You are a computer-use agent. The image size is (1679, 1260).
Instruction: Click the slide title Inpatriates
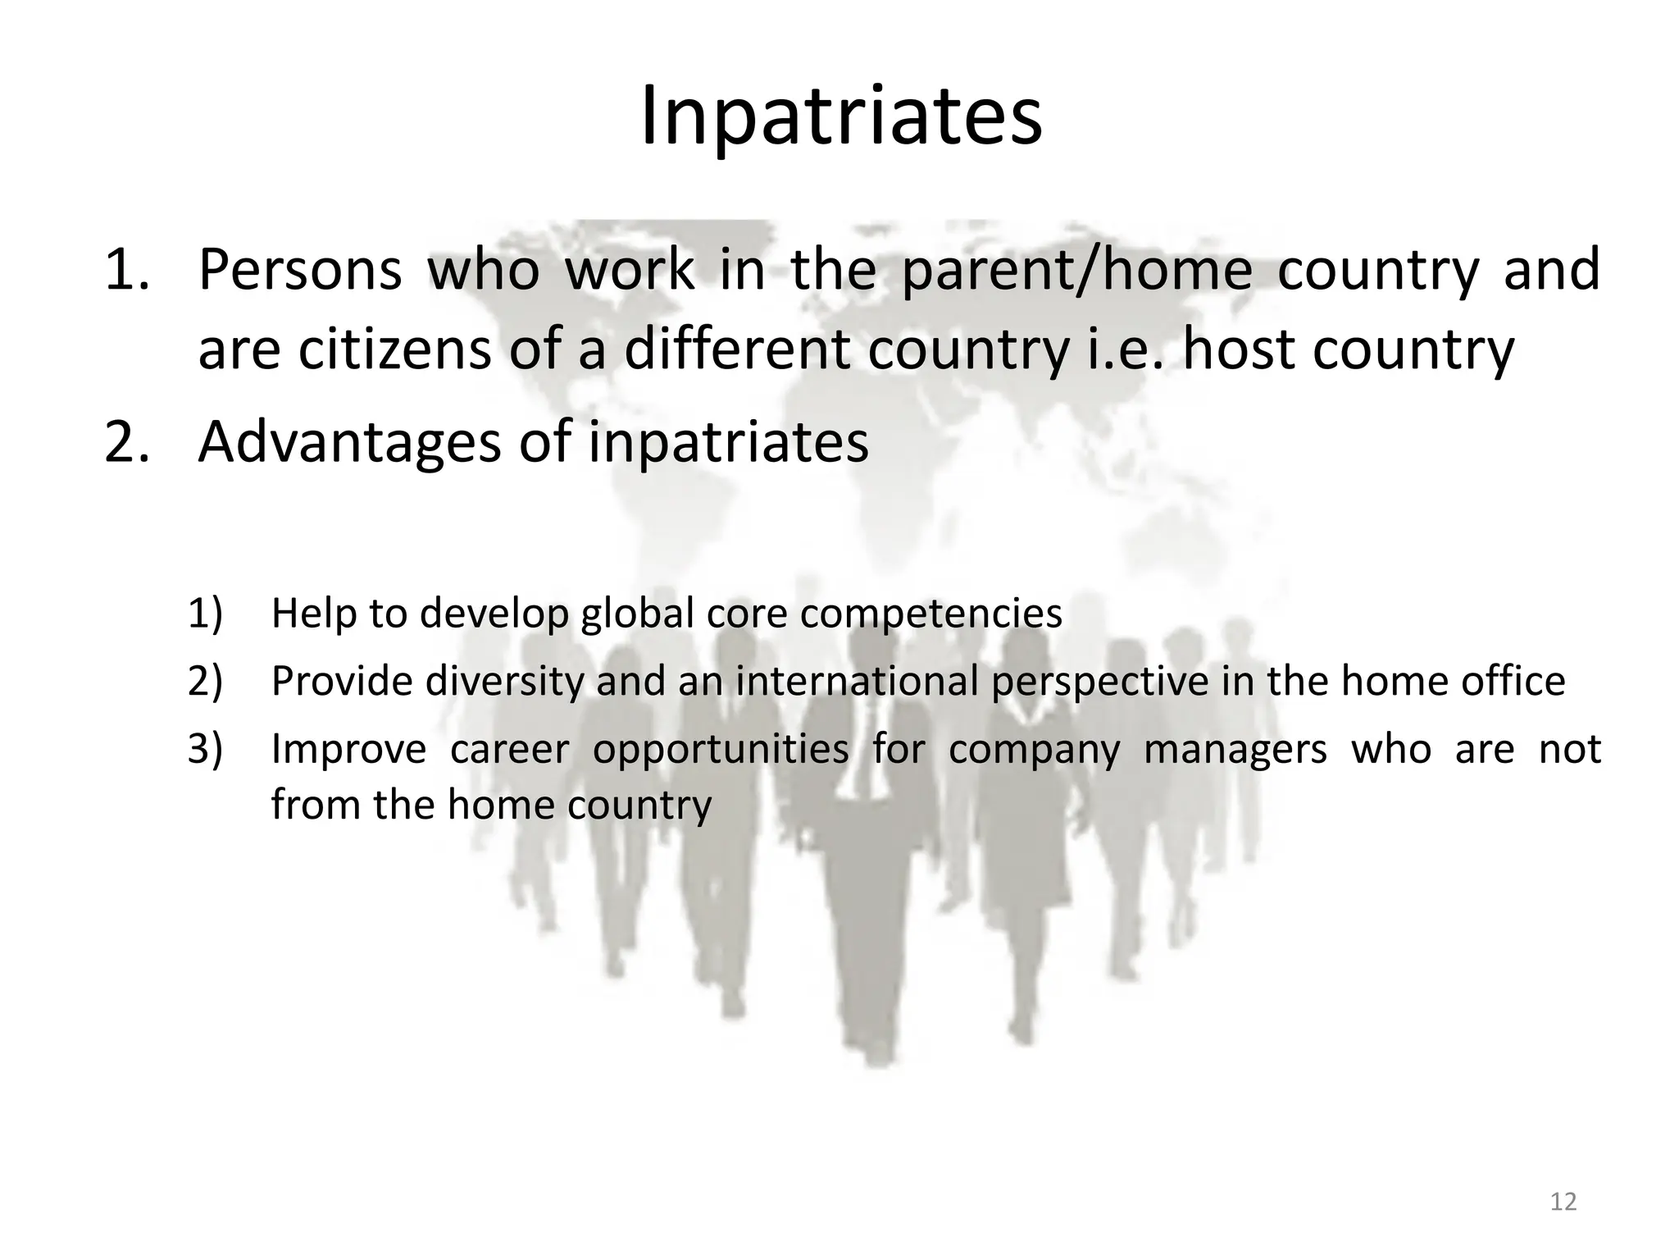click(840, 116)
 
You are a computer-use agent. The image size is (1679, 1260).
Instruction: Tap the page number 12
click(1563, 1202)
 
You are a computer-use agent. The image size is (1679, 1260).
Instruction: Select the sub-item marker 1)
click(205, 614)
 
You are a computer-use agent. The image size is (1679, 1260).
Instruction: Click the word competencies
click(931, 614)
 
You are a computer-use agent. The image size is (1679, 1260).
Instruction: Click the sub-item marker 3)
click(205, 748)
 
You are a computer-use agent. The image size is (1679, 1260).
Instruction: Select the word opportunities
click(720, 750)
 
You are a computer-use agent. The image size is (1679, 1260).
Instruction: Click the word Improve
click(348, 748)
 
